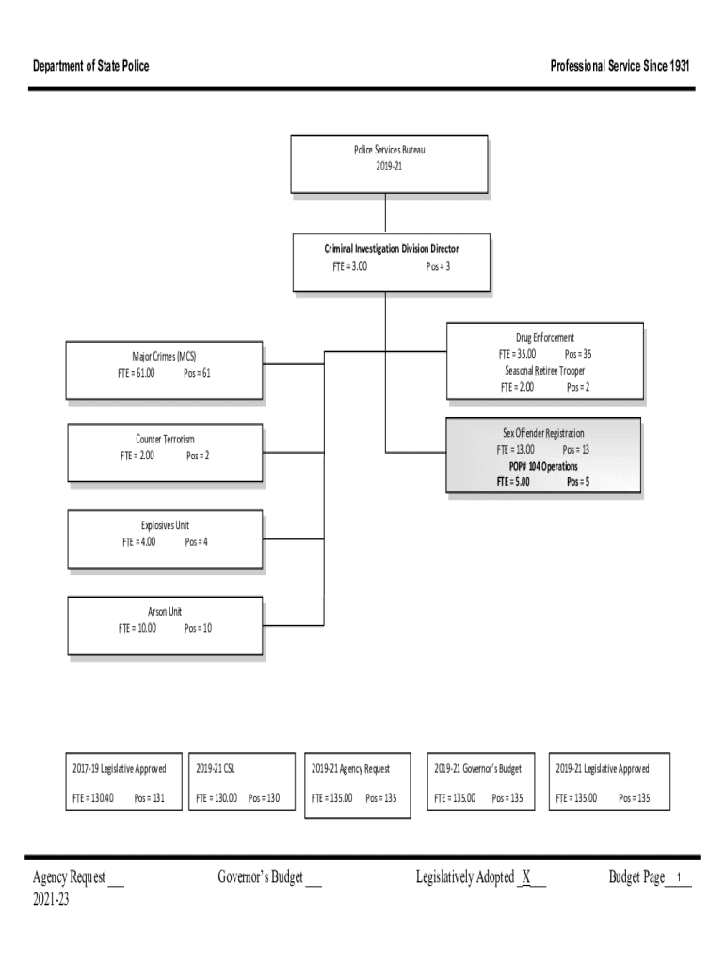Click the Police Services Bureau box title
point(389,150)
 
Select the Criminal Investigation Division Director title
point(392,249)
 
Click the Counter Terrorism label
point(165,440)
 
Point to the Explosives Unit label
point(165,525)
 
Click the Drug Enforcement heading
point(544,337)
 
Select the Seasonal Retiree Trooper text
point(544,370)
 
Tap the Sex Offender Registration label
point(542,433)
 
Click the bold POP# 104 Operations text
point(543,466)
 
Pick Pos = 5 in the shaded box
point(578,482)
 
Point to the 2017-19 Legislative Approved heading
point(120,769)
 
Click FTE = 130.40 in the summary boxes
point(93,798)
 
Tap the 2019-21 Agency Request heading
point(350,769)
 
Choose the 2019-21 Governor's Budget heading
point(477,769)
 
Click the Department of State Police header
point(90,66)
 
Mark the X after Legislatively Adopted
point(527,878)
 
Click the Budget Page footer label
point(636,878)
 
